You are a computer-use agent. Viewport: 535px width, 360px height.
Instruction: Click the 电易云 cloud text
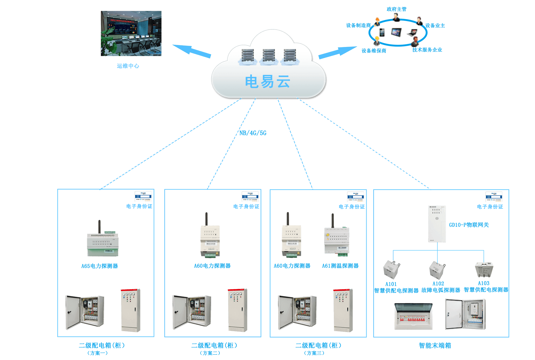pos(267,81)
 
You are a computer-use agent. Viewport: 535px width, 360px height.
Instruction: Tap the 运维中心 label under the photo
pos(128,66)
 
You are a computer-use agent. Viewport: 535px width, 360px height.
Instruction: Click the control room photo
pos(131,33)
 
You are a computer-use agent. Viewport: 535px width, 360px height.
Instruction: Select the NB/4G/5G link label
pos(253,133)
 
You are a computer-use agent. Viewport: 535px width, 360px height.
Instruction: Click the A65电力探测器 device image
pos(102,239)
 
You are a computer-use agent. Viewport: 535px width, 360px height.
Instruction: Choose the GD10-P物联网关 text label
pos(469,225)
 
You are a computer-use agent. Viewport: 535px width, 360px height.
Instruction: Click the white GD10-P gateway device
pos(437,224)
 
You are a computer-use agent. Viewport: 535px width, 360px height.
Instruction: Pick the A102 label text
pos(438,284)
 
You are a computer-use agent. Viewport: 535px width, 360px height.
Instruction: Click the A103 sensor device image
pos(484,269)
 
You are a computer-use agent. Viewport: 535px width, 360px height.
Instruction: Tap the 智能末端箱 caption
pos(435,346)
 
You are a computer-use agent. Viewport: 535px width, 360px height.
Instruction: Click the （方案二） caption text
pos(210,353)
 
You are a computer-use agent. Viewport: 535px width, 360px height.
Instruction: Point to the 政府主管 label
pos(396,9)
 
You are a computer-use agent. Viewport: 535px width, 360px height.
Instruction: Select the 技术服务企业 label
pos(427,50)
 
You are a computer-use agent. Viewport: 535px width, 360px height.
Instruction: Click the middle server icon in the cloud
pos(269,56)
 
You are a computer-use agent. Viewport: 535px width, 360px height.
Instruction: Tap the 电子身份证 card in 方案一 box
pos(143,196)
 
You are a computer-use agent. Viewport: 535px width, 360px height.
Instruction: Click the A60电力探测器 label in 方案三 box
pos(292,266)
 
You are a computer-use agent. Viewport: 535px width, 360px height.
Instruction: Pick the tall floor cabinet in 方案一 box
pos(131,310)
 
